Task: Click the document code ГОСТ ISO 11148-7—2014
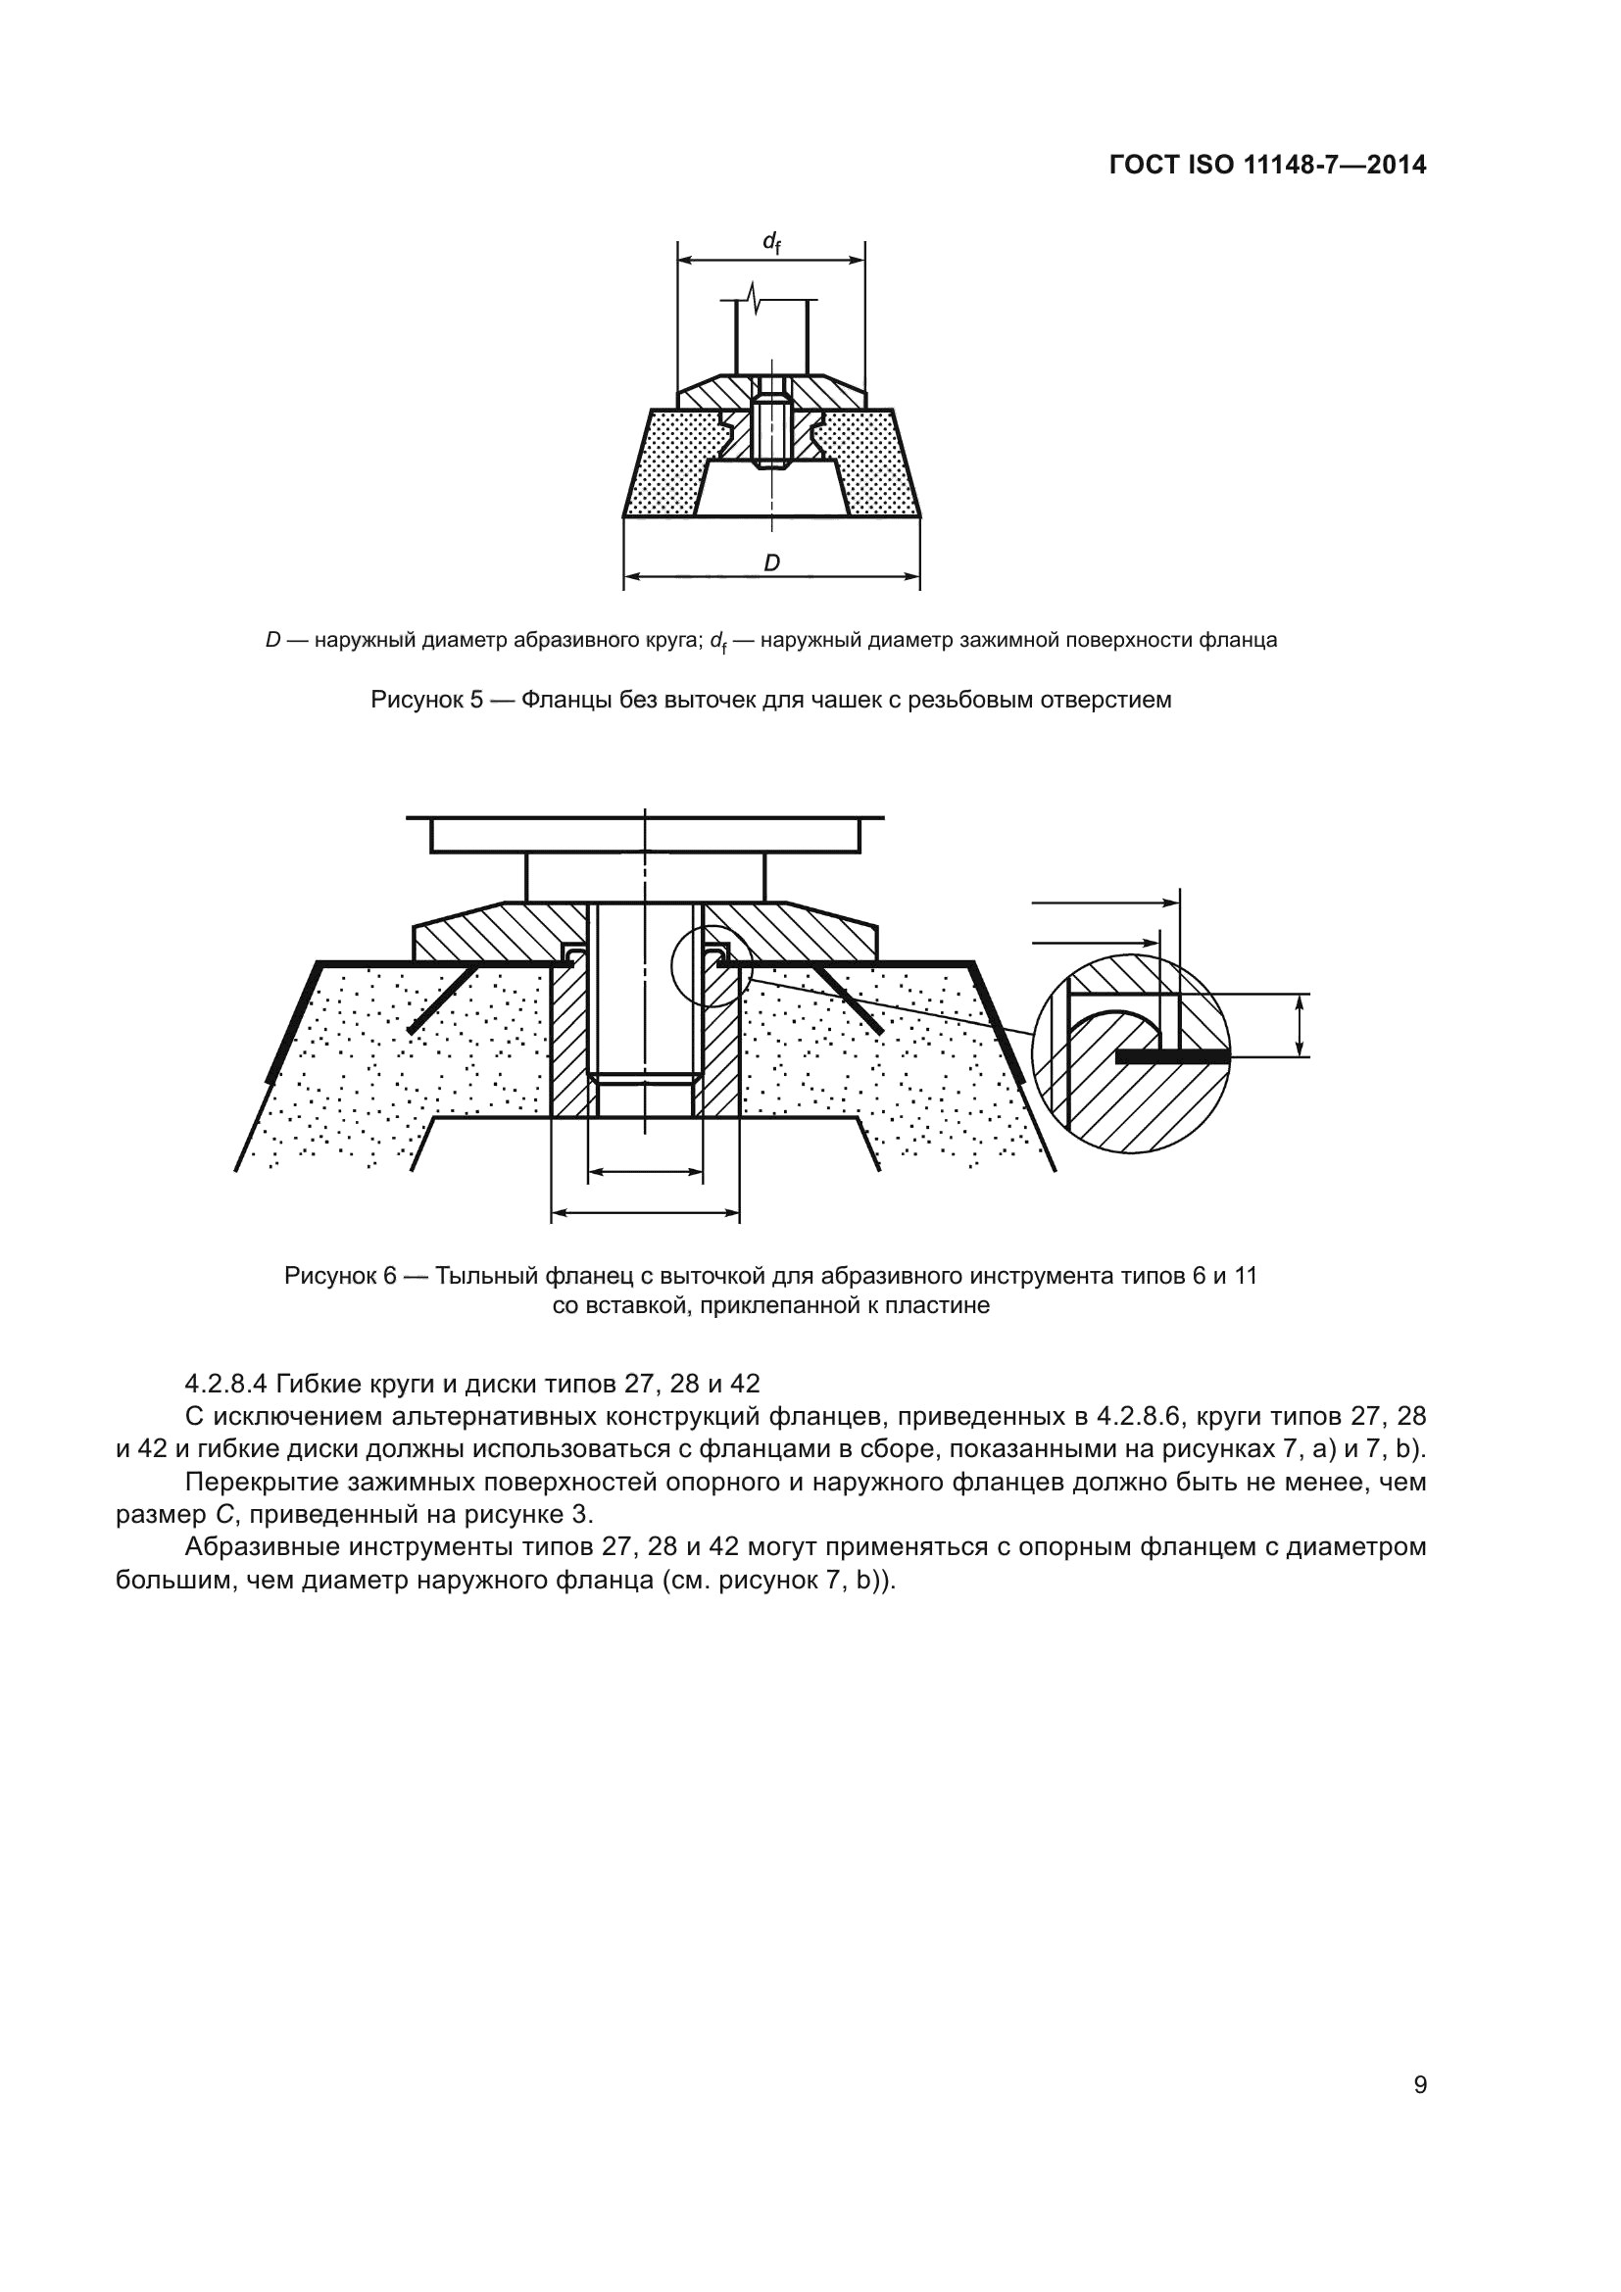point(1267,165)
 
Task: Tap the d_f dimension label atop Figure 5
point(770,242)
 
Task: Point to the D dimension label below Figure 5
point(771,563)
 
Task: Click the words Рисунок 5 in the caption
point(426,700)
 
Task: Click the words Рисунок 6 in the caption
point(340,1276)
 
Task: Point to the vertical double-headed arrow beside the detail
point(1299,1025)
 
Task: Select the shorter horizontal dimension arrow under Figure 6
point(646,1173)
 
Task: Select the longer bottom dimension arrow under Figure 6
point(646,1213)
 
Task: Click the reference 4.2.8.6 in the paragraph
point(1140,1417)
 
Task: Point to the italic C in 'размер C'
point(224,1514)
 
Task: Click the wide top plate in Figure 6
point(646,835)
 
